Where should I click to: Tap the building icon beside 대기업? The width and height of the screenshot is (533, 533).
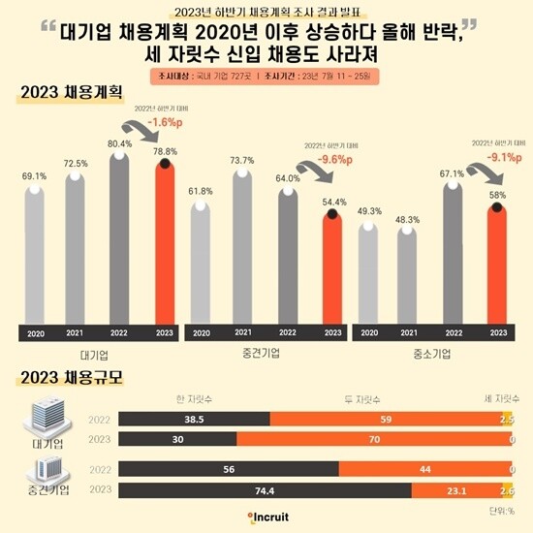[38, 419]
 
